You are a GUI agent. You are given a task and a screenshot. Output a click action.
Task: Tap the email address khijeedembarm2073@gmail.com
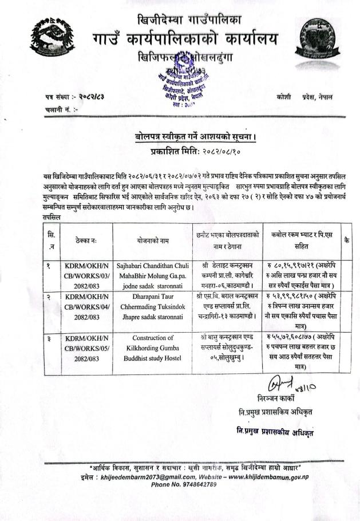coord(145,477)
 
